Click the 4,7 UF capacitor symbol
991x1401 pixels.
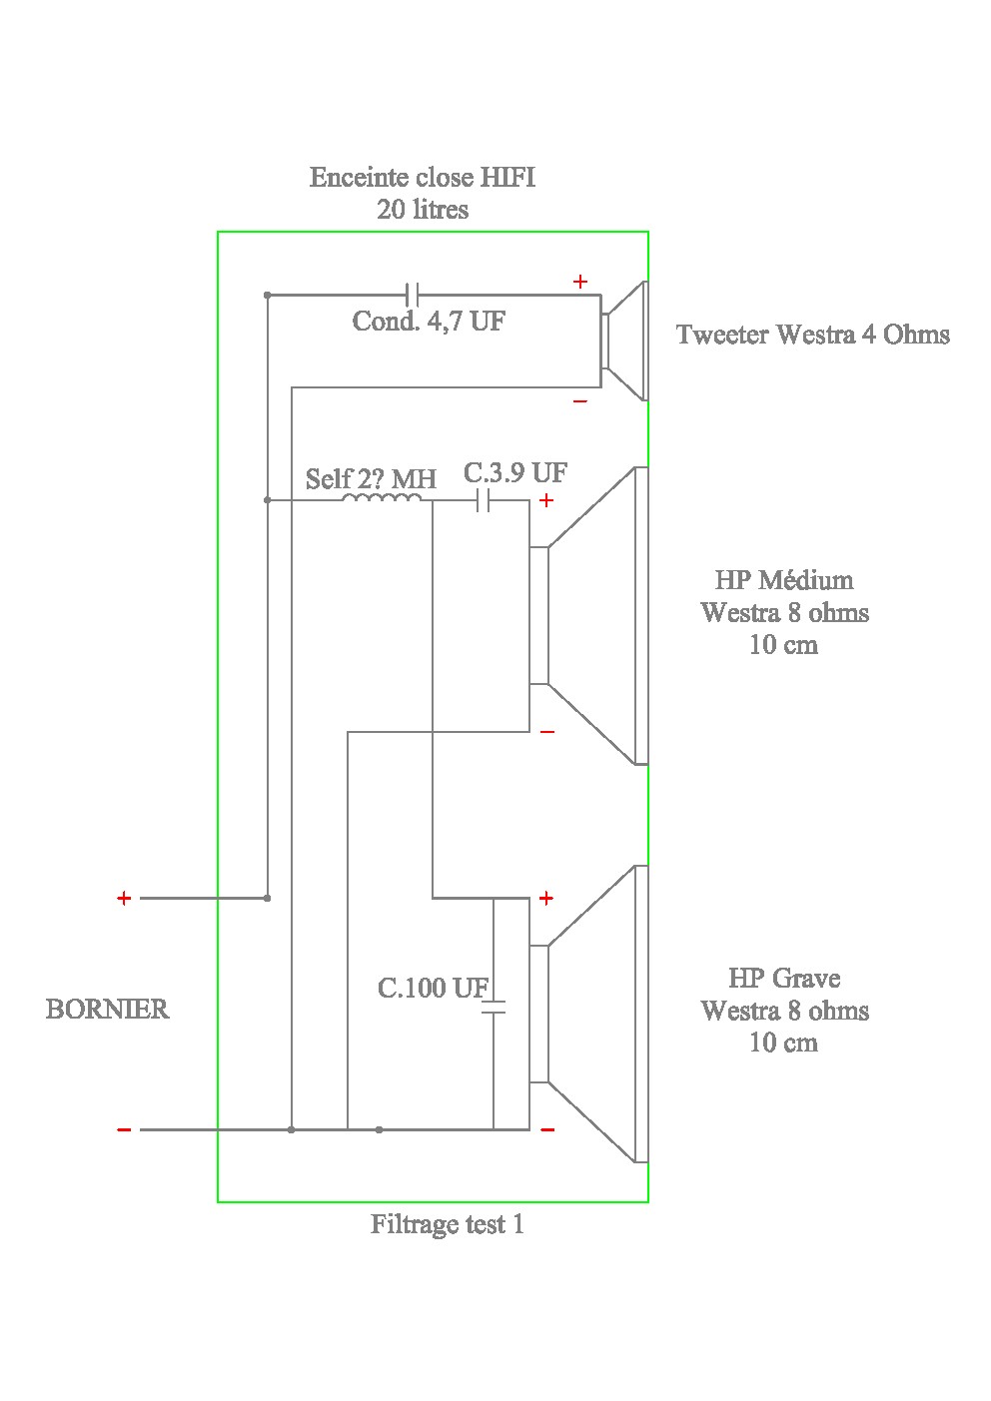pos(413,295)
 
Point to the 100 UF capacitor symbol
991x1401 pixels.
pos(494,1008)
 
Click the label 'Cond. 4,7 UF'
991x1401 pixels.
pos(429,322)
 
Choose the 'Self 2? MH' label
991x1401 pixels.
pos(371,479)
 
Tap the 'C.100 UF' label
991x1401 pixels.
pos(433,989)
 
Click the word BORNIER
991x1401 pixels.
pos(108,1010)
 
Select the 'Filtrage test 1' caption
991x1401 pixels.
pos(447,1224)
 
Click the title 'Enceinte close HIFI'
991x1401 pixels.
pos(423,178)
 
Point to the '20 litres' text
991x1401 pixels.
pos(423,210)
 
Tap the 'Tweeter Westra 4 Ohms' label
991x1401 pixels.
pos(812,335)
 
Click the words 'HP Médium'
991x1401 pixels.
pos(784,580)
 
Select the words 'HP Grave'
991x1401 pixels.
pos(784,979)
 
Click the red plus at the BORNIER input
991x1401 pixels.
pos(124,899)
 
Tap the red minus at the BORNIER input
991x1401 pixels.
pos(124,1130)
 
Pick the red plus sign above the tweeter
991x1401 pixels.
pos(580,283)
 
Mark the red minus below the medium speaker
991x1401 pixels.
pos(547,732)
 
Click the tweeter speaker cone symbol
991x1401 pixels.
pos(624,341)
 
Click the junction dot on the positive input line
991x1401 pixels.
pos(267,898)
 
